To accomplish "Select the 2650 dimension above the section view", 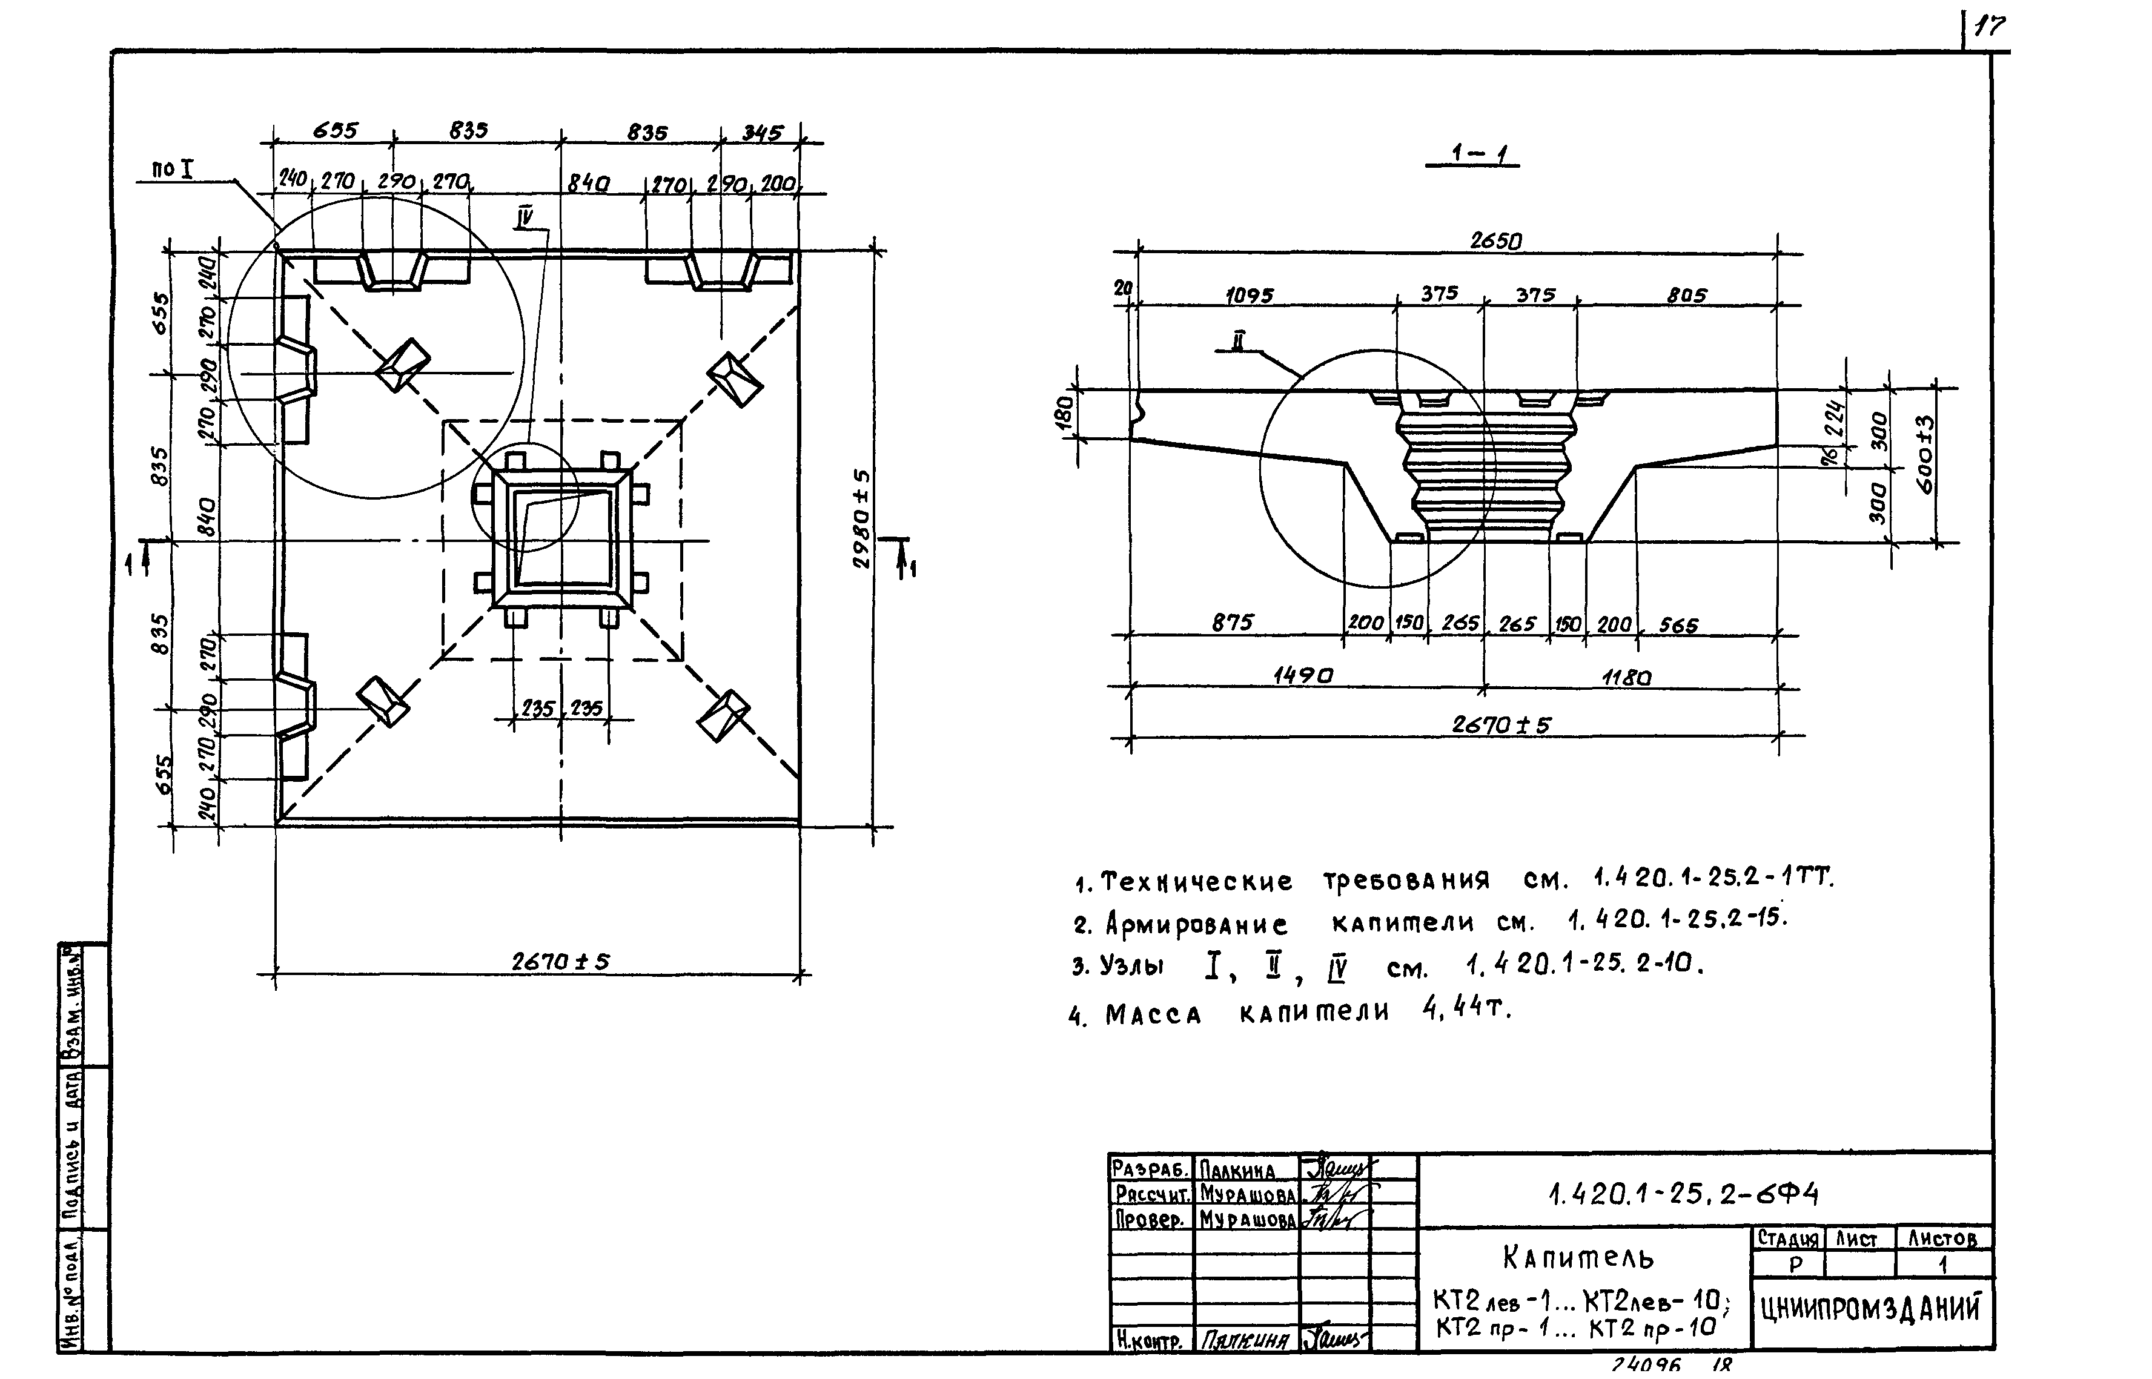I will tap(1495, 241).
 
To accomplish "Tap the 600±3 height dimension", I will tap(1925, 454).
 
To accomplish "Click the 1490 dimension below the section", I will tap(1302, 676).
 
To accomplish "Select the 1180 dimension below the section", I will tap(1626, 678).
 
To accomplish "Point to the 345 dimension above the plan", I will tap(761, 133).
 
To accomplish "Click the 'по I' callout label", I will tap(173, 168).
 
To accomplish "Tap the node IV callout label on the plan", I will tap(525, 217).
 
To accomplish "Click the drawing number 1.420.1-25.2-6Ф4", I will tap(1683, 1194).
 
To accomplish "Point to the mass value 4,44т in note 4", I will tap(1465, 1009).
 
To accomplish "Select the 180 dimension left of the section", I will tap(1063, 414).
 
